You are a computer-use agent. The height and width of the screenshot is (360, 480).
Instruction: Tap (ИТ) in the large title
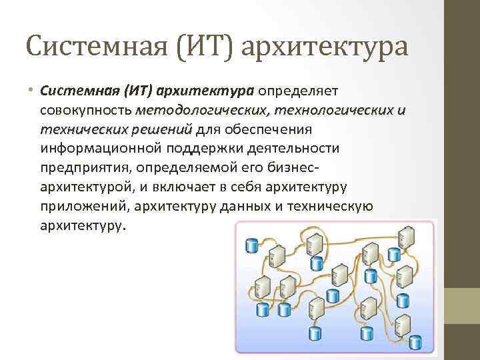[x=213, y=46]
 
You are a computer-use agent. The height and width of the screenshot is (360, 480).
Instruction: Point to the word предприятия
[x=83, y=167]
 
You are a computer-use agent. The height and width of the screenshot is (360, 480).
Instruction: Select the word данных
[x=234, y=205]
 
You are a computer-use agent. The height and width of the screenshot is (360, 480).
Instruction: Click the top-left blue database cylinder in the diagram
[x=252, y=245]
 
